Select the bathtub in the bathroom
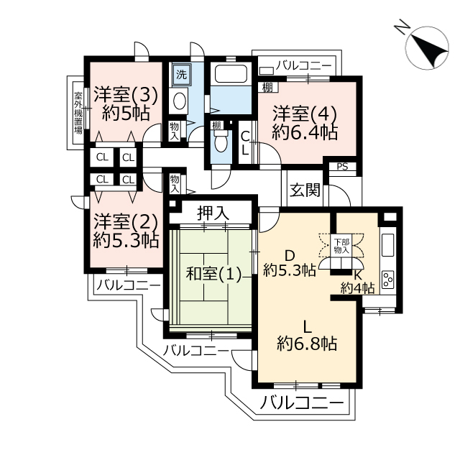coord(231,74)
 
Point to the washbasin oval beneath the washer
coord(179,101)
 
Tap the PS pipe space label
coord(342,167)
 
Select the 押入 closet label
coord(213,213)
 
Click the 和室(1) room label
coord(213,275)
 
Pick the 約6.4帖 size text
coord(305,132)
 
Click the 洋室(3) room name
coord(126,95)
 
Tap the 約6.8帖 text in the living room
coord(307,344)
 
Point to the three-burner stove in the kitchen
coord(387,280)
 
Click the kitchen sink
coord(387,245)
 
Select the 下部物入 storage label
coord(341,246)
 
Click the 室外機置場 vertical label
coord(78,113)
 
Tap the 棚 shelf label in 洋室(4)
coord(267,88)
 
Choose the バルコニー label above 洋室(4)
coord(303,65)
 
